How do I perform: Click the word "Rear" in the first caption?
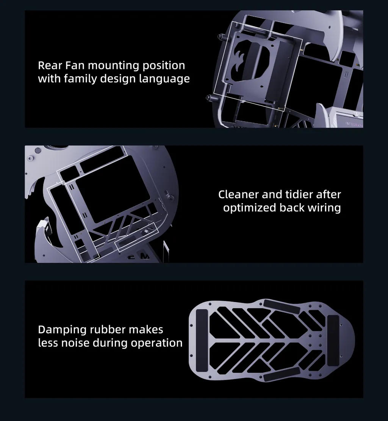pos(50,65)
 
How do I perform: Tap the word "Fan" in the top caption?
pos(75,65)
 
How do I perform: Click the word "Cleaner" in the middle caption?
pos(238,194)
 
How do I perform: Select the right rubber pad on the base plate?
pos(333,340)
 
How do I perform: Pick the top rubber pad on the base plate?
pos(282,306)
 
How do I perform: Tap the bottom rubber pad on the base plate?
pos(282,374)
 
